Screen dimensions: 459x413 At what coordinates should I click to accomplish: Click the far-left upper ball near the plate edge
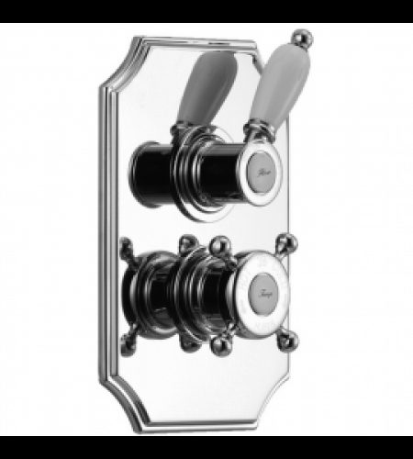[x=126, y=246]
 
